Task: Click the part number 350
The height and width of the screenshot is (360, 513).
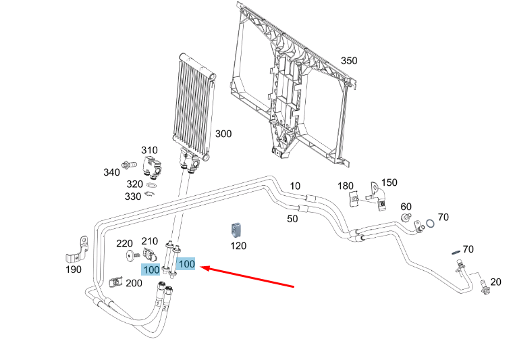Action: click(349, 61)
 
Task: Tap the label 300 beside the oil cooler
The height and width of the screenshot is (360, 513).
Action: click(223, 134)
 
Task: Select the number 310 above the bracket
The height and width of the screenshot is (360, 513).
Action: click(150, 150)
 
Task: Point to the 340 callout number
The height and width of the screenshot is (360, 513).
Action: click(112, 172)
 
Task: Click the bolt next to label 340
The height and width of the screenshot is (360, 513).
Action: click(129, 165)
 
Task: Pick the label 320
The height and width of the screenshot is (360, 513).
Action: click(135, 184)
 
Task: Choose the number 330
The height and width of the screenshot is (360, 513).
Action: click(133, 197)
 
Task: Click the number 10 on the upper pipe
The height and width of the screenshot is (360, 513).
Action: click(295, 186)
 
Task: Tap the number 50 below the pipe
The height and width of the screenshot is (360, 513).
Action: click(292, 219)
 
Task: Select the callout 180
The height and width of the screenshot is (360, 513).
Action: click(346, 186)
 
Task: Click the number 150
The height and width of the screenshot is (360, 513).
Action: click(389, 182)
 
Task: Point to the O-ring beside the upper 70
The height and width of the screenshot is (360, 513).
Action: click(431, 224)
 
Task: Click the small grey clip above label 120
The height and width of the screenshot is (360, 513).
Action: click(236, 230)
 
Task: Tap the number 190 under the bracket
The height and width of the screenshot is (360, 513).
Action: click(74, 269)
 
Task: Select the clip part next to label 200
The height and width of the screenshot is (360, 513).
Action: click(115, 282)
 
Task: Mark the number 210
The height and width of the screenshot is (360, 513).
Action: click(150, 241)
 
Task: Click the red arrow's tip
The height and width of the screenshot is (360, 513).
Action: click(200, 267)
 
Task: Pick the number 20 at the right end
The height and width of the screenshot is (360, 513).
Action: click(495, 282)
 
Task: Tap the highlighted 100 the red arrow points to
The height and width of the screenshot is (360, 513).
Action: click(186, 264)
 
